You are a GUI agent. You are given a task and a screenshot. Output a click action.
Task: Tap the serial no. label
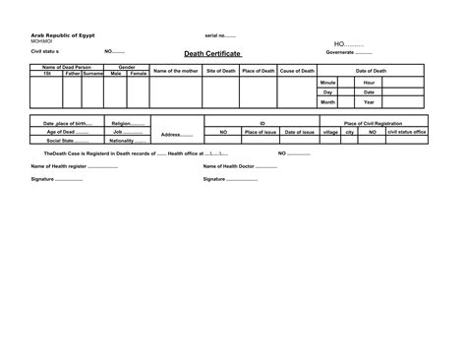[x=219, y=34]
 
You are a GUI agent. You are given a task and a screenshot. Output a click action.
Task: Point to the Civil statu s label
[x=46, y=50]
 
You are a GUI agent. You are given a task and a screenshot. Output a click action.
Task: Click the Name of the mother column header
[x=176, y=71]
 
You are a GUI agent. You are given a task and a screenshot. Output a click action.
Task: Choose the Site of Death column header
[x=220, y=71]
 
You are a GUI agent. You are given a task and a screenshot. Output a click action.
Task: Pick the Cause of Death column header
[x=297, y=71]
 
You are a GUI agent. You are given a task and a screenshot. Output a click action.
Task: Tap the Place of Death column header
[x=258, y=71]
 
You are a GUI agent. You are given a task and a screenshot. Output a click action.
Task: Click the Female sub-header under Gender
[x=138, y=74]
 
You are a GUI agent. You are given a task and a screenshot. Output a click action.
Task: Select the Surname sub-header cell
[x=93, y=74]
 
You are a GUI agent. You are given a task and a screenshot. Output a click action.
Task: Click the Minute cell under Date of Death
[x=327, y=83]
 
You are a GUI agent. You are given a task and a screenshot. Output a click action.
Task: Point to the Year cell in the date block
[x=369, y=102]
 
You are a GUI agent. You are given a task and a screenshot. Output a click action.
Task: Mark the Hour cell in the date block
[x=369, y=83]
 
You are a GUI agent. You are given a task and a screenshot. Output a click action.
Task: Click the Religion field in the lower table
[x=129, y=123]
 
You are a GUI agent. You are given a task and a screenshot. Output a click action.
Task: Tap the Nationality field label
[x=128, y=141]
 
